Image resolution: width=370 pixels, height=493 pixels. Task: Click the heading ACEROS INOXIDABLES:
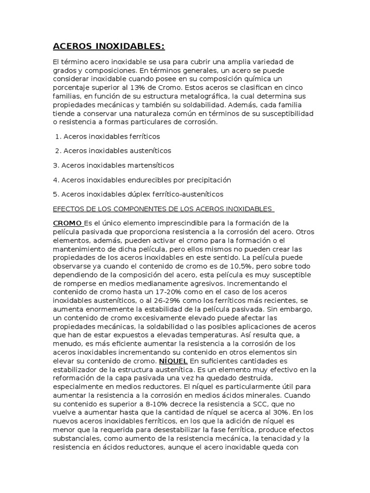[x=108, y=46]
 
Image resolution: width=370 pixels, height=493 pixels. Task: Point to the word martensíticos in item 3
[x=149, y=165]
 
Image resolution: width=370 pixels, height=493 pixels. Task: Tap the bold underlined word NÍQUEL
[x=174, y=361]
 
